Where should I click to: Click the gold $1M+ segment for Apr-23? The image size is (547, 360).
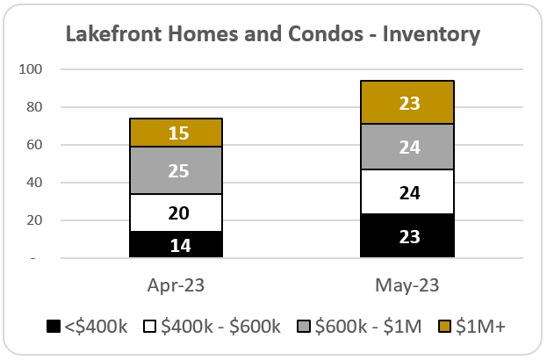176,133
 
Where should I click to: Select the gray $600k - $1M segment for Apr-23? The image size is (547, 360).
176,170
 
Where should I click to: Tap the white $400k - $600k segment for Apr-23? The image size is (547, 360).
176,212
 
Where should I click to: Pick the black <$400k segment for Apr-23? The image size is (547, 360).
176,244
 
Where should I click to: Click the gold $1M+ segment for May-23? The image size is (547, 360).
407,102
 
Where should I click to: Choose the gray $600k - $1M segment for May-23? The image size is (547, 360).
407,147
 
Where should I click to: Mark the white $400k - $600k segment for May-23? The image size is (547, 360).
407,191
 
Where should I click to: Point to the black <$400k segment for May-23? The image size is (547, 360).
407,236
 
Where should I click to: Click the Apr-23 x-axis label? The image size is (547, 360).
176,285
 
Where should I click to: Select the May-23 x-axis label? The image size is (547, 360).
407,285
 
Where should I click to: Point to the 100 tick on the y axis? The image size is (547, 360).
31,69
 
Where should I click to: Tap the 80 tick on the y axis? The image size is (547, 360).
34,107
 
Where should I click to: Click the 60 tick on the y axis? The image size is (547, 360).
34,144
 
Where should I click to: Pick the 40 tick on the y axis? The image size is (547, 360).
34,182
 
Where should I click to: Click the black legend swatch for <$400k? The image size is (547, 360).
54,326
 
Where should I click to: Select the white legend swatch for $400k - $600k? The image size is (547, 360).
149,326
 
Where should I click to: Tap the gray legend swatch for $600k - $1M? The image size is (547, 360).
304,326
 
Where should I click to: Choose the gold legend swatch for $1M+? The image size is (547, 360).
444,326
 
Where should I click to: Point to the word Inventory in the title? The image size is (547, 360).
431,35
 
